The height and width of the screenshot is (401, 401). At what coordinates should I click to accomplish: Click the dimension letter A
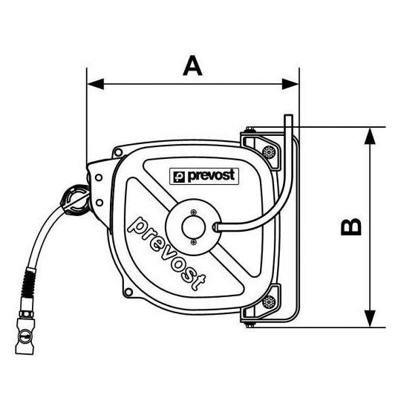pos(192,65)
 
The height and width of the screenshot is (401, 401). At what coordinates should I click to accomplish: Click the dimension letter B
pos(351,226)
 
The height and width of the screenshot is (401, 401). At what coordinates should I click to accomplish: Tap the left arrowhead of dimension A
pos(95,84)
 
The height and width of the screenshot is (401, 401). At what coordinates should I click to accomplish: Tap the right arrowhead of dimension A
pos(290,84)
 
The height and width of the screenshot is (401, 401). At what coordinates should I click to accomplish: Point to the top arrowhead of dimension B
pos(370,136)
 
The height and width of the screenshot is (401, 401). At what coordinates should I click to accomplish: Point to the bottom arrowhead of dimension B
pos(370,319)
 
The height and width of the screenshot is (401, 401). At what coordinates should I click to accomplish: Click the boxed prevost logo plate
pos(204,176)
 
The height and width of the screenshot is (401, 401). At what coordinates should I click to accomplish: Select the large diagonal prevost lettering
pos(167,253)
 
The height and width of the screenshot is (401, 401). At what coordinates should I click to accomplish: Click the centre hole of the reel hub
pos(193,226)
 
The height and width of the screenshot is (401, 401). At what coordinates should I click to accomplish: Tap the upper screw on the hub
pos(194,212)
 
